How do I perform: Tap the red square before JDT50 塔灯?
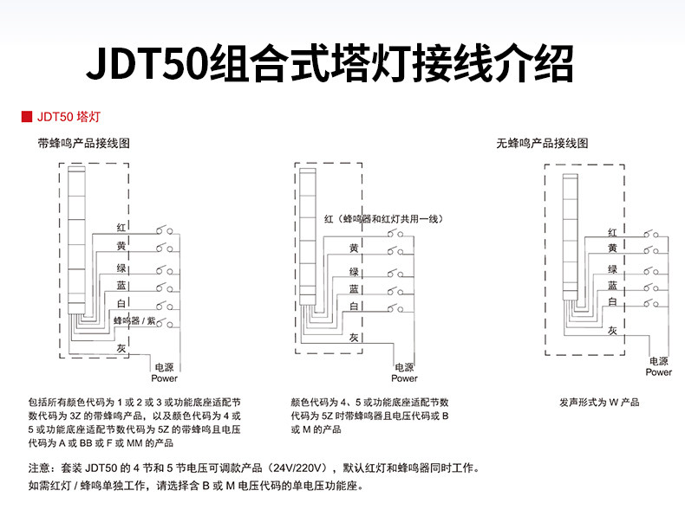click(26, 115)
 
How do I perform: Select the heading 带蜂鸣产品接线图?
click(83, 144)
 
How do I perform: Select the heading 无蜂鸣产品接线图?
click(542, 144)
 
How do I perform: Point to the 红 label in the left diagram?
click(122, 227)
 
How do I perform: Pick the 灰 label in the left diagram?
click(122, 347)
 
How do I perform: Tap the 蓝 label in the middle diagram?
click(354, 288)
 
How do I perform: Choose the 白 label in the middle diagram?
click(354, 307)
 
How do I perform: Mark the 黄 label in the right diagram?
click(612, 249)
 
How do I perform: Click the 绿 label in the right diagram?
click(612, 269)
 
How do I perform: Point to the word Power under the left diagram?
click(165, 378)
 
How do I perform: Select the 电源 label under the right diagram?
click(659, 361)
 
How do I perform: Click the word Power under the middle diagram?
click(404, 378)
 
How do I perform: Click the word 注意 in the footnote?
click(39, 468)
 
